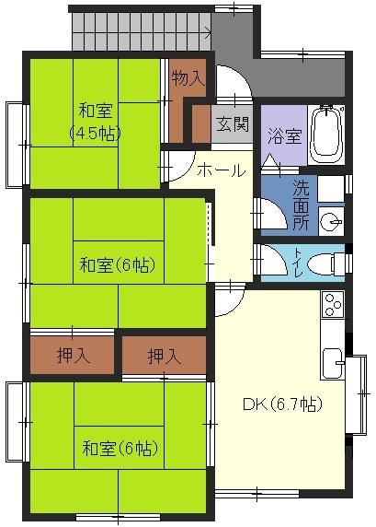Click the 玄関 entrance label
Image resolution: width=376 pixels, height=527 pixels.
pyautogui.click(x=233, y=124)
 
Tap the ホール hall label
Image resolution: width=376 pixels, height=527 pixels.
pyautogui.click(x=222, y=170)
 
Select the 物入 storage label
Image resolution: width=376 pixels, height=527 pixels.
pyautogui.click(x=188, y=78)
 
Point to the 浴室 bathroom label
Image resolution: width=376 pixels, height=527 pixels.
pyautogui.click(x=284, y=136)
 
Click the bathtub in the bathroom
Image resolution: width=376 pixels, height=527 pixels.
pyautogui.click(x=326, y=135)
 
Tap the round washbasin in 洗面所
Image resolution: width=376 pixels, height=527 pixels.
pyautogui.click(x=331, y=222)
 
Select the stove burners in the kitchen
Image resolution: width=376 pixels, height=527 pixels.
pyautogui.click(x=333, y=305)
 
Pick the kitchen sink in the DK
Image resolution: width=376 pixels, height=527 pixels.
pyautogui.click(x=333, y=364)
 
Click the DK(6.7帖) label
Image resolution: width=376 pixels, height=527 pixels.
pyautogui.click(x=282, y=404)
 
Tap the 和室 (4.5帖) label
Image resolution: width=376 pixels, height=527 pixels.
pyautogui.click(x=96, y=123)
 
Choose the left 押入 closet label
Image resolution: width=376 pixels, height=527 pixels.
pyautogui.click(x=74, y=356)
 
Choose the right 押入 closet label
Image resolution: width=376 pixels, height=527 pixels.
pyautogui.click(x=165, y=356)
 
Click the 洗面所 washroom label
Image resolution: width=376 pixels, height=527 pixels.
pyautogui.click(x=301, y=205)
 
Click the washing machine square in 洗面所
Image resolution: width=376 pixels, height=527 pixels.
pyautogui.click(x=331, y=188)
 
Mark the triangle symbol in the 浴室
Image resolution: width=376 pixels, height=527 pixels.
pyautogui.click(x=271, y=160)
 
